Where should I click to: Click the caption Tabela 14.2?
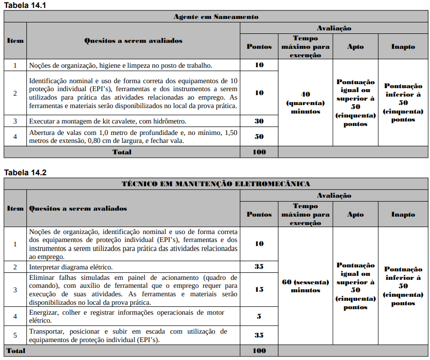[x=25, y=173]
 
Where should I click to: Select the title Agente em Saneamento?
[x=216, y=16]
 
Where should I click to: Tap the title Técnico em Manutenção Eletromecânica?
[x=216, y=184]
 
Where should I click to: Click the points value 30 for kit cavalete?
[x=259, y=121]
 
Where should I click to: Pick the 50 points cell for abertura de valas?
[x=259, y=136]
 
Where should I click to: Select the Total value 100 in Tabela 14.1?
[x=259, y=152]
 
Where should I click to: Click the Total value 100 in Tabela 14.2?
[x=259, y=351]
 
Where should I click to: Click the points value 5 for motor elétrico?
[x=259, y=316]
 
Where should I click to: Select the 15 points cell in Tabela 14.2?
[x=259, y=289]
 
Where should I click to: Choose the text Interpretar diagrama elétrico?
[x=71, y=267]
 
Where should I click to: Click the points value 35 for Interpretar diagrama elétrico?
[x=259, y=266]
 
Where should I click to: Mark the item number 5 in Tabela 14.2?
[x=15, y=335]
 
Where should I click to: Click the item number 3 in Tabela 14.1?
[x=15, y=121]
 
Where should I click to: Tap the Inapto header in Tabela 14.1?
[x=403, y=47]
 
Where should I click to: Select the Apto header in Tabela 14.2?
[x=355, y=215]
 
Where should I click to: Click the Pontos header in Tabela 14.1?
[x=259, y=47]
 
